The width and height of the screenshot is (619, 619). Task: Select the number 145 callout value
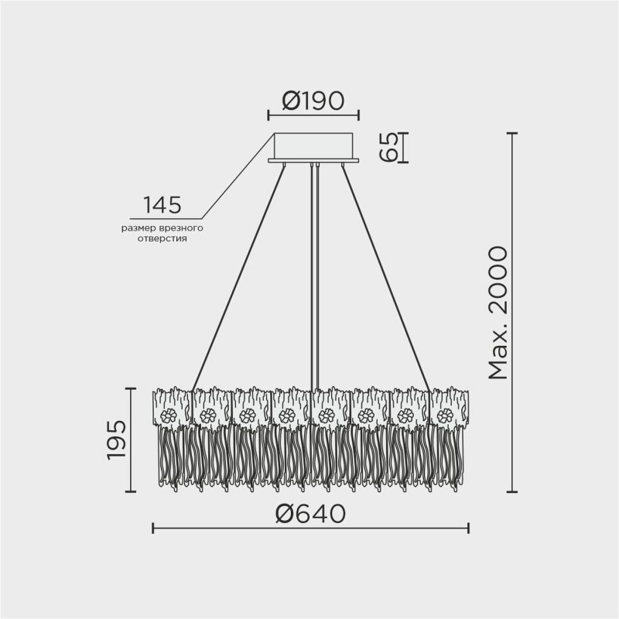162,205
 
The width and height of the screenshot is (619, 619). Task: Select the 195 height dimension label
117,442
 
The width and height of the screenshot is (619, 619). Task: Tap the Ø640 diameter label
309,513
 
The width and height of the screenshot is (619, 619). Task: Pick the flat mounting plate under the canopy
313,161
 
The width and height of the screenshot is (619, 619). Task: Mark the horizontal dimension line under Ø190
313,116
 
